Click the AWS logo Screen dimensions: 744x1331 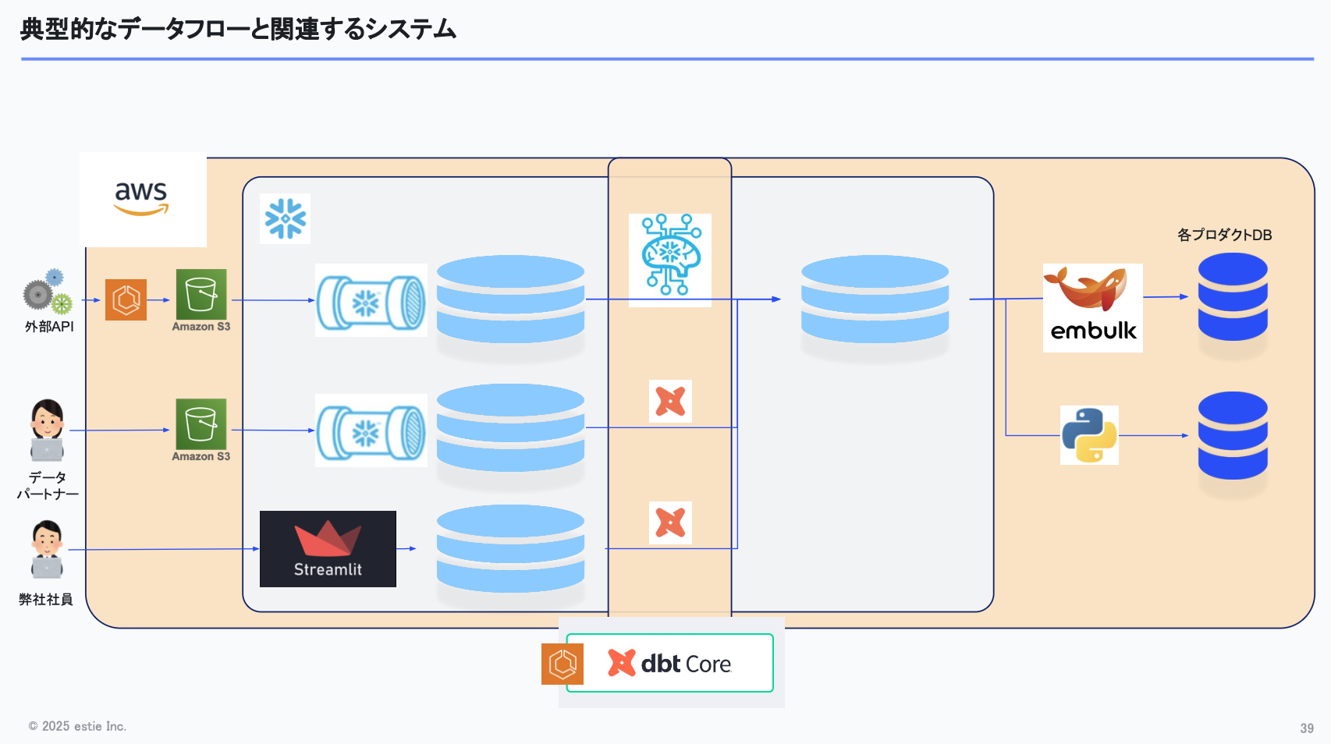(x=142, y=199)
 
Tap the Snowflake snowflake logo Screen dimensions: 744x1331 (x=285, y=218)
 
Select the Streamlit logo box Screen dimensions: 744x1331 (x=328, y=548)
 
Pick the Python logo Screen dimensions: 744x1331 (x=1089, y=435)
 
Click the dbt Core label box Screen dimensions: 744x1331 (x=669, y=663)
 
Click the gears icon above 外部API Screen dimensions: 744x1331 (x=48, y=292)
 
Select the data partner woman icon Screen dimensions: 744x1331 (x=47, y=430)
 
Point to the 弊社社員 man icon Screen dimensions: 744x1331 (x=47, y=549)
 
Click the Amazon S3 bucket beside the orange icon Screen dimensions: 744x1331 (x=201, y=294)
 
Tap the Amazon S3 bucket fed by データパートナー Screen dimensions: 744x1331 (x=201, y=424)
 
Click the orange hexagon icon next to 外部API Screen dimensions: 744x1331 (x=126, y=299)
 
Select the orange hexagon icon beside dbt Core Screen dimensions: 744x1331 (x=562, y=664)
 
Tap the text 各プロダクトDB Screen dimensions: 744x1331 (x=1224, y=235)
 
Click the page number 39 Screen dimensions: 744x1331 (x=1307, y=728)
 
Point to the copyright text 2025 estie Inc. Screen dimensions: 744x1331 (x=78, y=726)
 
